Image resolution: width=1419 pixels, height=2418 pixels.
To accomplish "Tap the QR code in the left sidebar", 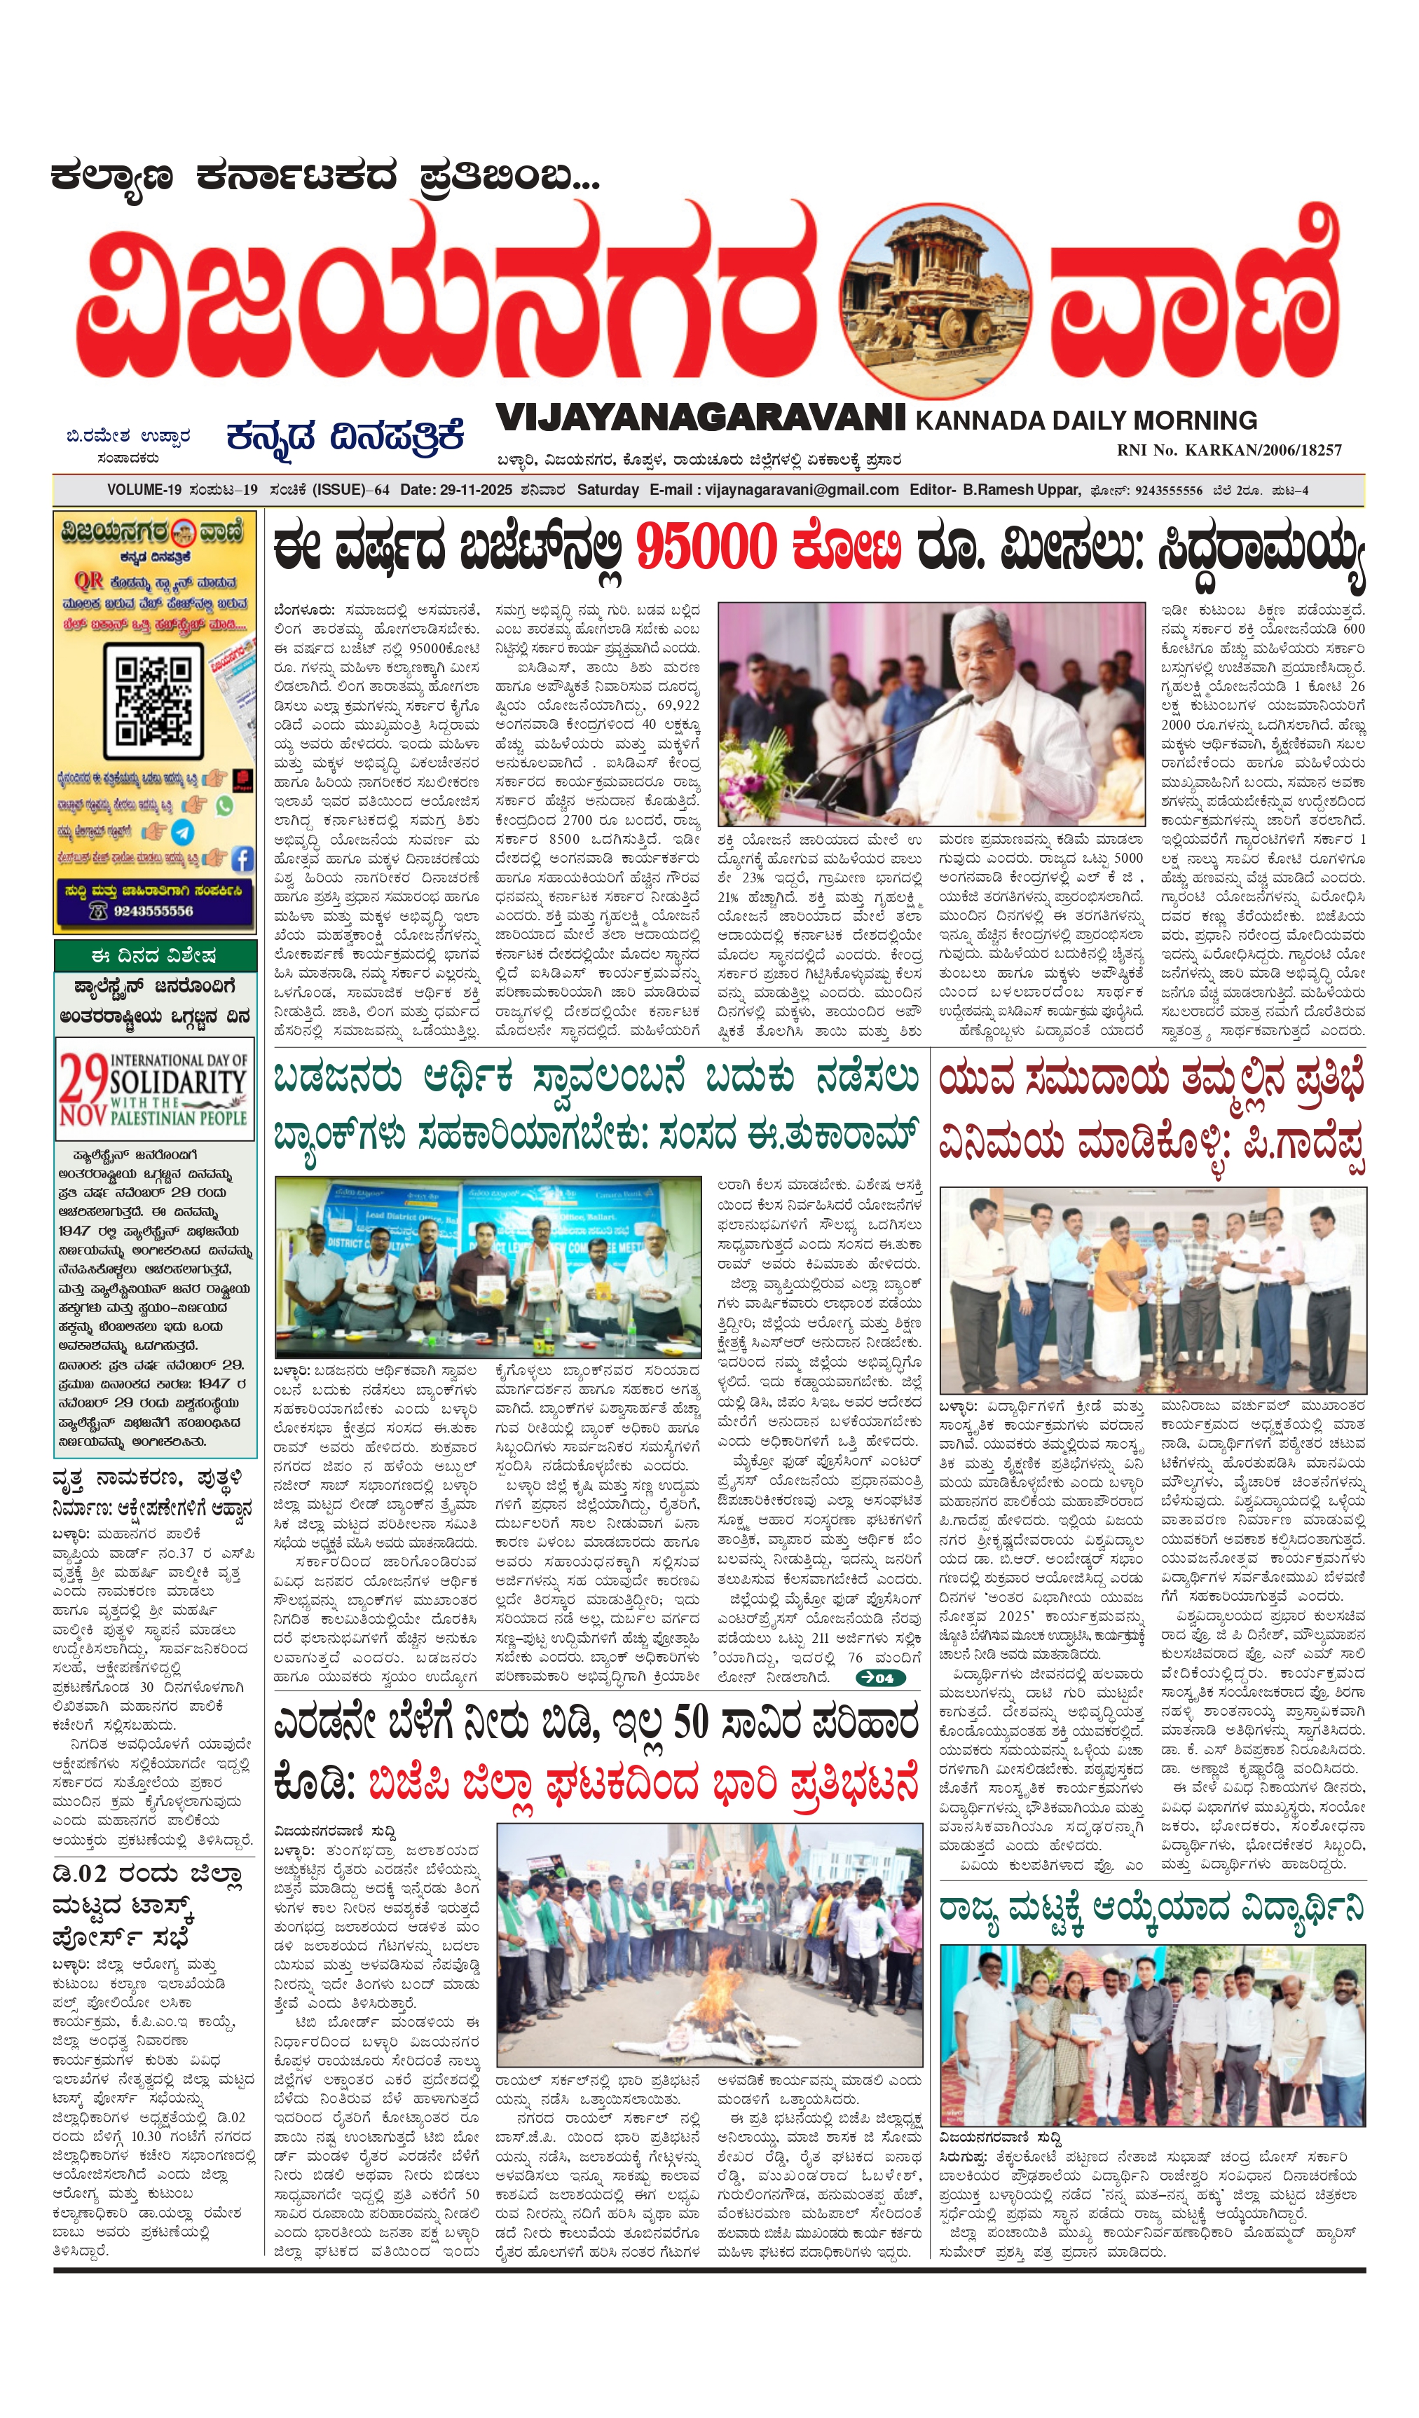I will pos(153,699).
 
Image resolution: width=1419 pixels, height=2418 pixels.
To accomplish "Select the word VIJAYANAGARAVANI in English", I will pos(700,418).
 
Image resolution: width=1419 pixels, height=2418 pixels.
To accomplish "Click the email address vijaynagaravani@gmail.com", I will pos(802,489).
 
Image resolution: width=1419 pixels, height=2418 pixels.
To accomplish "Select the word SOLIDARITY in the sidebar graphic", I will pos(179,1081).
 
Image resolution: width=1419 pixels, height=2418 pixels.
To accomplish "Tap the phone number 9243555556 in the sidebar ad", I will pos(153,910).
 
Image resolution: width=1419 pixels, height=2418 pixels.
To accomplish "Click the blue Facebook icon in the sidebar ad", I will pos(242,859).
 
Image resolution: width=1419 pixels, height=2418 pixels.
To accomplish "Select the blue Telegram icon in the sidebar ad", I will pos(182,832).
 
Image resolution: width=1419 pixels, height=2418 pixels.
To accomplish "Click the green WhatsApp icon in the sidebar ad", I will pos(224,806).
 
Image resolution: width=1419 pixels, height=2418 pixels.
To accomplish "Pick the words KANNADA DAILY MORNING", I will pos(1086,421).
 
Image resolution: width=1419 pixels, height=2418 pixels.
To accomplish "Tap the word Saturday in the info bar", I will pos(608,489).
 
